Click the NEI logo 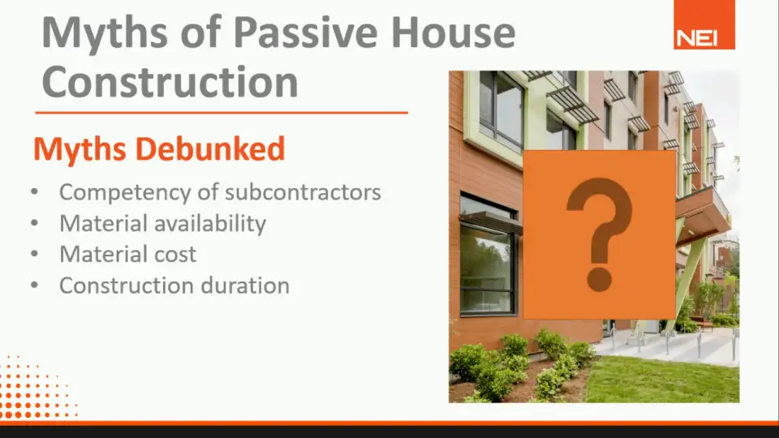[704, 25]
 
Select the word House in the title [453, 32]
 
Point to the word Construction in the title [170, 82]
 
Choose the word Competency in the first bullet [125, 193]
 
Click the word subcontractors [303, 193]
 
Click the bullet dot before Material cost [34, 254]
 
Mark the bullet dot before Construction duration [34, 285]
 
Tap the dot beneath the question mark [599, 280]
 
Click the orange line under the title [222, 113]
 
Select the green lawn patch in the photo [663, 379]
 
